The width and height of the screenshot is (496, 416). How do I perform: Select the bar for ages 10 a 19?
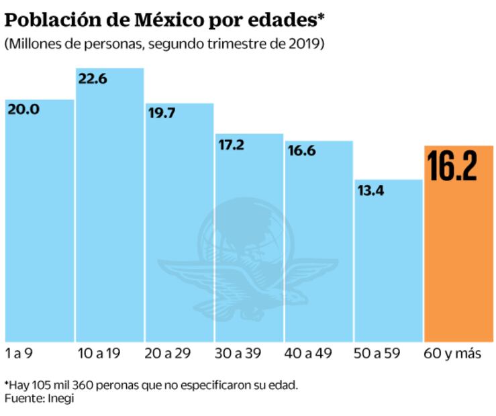(x=110, y=215)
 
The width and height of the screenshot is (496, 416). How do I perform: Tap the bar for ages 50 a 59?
(x=389, y=268)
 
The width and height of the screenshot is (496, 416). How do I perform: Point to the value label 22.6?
(x=93, y=79)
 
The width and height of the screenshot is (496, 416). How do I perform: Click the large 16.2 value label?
(x=452, y=166)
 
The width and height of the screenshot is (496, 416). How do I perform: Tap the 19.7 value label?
(x=162, y=113)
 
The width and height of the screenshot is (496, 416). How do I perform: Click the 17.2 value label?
(x=232, y=145)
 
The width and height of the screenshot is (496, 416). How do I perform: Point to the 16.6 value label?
(x=301, y=151)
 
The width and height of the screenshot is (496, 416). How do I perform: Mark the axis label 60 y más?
(x=453, y=354)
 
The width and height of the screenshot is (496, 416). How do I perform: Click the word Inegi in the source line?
(x=60, y=398)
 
